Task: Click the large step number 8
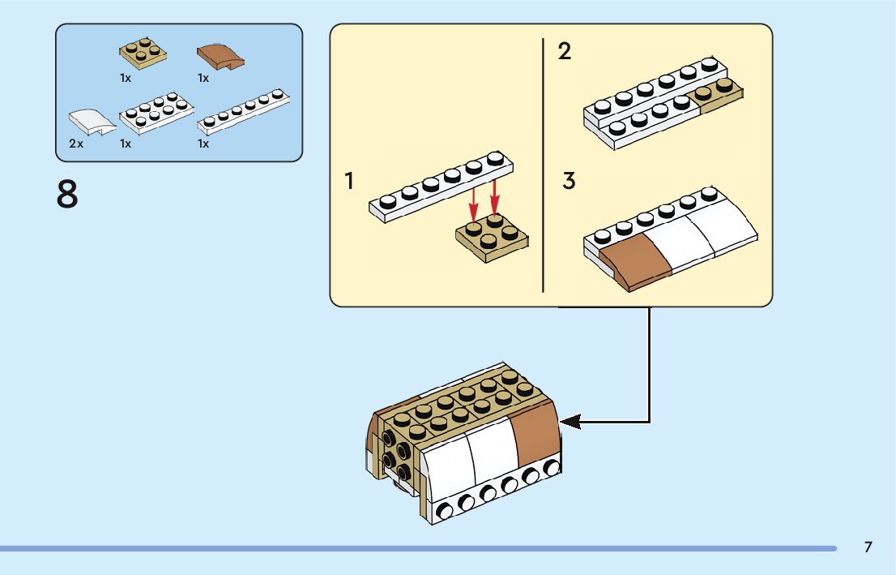(68, 195)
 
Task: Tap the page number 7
(868, 547)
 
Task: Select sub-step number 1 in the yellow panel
(349, 182)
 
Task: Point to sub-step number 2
(565, 52)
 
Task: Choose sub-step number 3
(569, 181)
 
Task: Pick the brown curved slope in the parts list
(220, 56)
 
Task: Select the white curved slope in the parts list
(90, 121)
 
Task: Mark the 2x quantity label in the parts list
(76, 144)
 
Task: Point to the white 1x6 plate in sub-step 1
(441, 186)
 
